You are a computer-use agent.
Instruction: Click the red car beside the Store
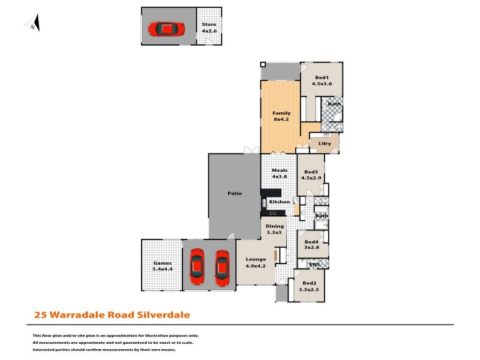pyautogui.click(x=166, y=29)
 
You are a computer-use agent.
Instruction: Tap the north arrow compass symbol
pyautogui.click(x=34, y=23)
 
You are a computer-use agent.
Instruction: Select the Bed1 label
pyautogui.click(x=322, y=81)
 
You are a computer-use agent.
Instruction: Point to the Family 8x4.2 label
pyautogui.click(x=281, y=116)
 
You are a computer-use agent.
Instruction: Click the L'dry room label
pyautogui.click(x=325, y=143)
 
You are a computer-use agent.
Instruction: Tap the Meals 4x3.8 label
pyautogui.click(x=280, y=173)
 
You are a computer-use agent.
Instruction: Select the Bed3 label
pyautogui.click(x=311, y=175)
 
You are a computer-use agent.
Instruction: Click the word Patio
pyautogui.click(x=234, y=194)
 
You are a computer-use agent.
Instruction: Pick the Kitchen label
pyautogui.click(x=280, y=202)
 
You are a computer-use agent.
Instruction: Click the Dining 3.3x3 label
pyautogui.click(x=274, y=229)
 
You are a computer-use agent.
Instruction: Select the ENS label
pyautogui.click(x=314, y=264)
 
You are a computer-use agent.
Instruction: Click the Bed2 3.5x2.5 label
pyautogui.click(x=310, y=286)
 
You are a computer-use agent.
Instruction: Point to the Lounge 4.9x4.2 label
pyautogui.click(x=256, y=262)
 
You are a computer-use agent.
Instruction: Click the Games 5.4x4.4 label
pyautogui.click(x=162, y=266)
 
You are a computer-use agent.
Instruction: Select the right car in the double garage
pyautogui.click(x=222, y=268)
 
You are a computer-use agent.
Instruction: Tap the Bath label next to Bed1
pyautogui.click(x=334, y=104)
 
